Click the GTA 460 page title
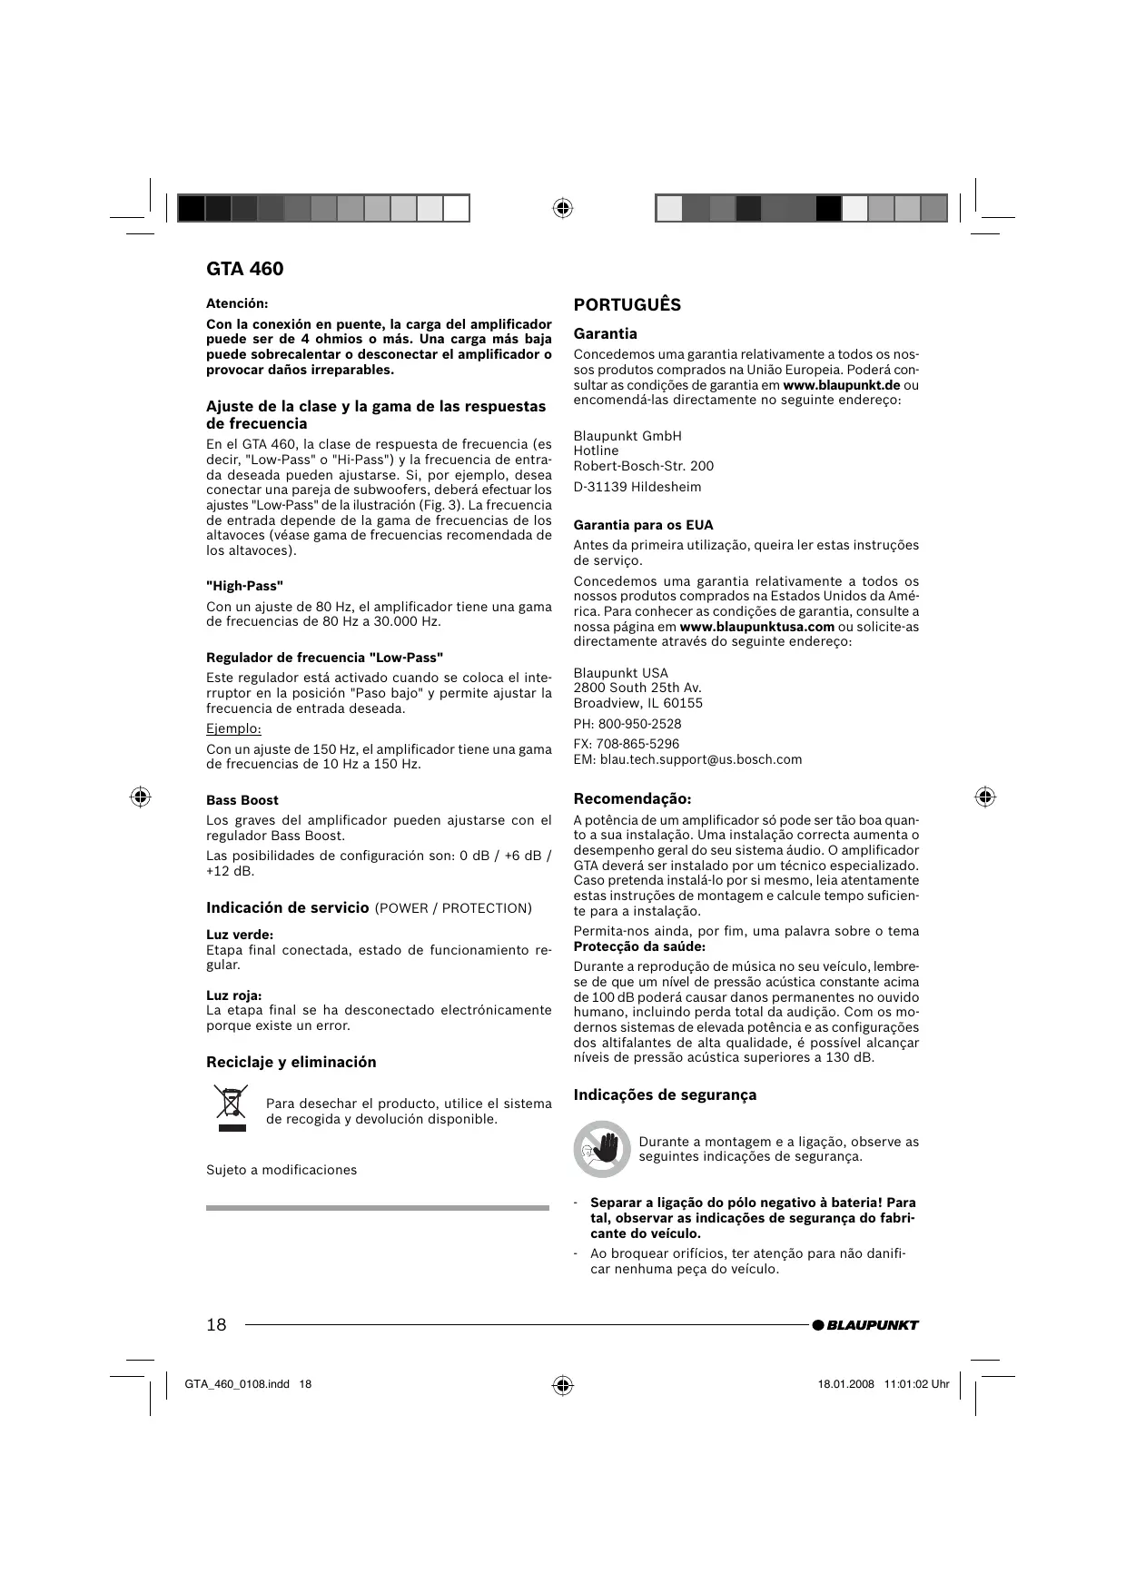(x=244, y=269)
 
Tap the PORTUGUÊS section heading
(x=627, y=305)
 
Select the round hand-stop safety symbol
(x=601, y=1149)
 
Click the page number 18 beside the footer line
(x=216, y=1324)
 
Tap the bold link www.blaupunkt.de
(x=841, y=385)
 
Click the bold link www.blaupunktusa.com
(x=756, y=627)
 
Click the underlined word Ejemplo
(x=233, y=728)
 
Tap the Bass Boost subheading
(x=242, y=800)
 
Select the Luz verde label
(x=240, y=935)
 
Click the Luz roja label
(x=234, y=995)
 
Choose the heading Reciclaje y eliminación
(x=291, y=1062)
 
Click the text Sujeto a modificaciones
(x=281, y=1170)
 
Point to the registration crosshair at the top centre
(x=562, y=208)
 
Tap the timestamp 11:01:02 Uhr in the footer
(x=916, y=1384)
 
